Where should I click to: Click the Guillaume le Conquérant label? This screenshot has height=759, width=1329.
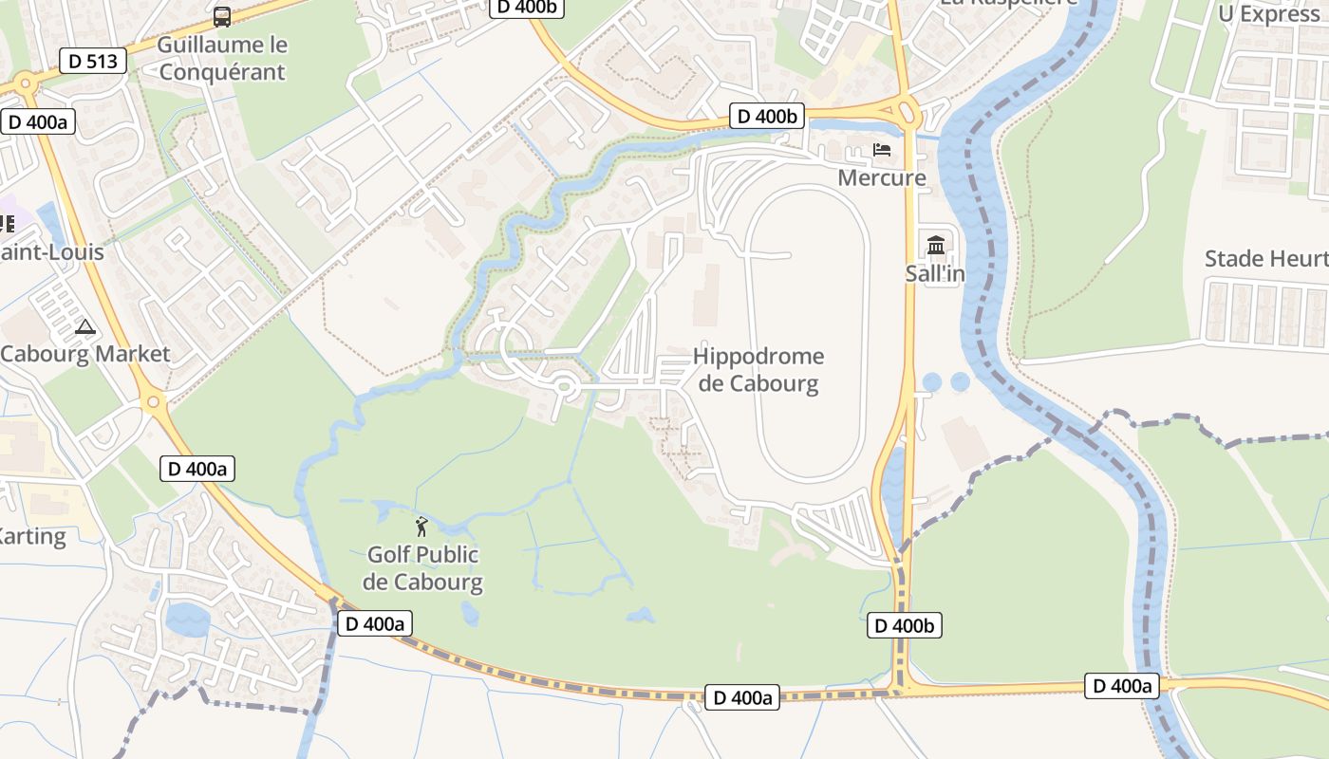click(x=222, y=58)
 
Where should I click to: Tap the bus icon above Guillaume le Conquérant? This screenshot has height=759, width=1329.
click(x=222, y=16)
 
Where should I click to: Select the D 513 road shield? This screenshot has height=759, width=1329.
click(x=93, y=62)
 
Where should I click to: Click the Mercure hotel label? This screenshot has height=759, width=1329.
click(x=881, y=177)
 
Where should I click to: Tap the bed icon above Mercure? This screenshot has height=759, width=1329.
click(x=882, y=150)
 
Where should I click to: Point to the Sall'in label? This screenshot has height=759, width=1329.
click(x=935, y=273)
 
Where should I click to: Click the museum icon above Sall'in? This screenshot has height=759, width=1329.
click(x=936, y=246)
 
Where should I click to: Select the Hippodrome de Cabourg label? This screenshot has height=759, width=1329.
click(x=758, y=370)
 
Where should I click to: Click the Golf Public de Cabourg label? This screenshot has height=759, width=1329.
click(x=422, y=567)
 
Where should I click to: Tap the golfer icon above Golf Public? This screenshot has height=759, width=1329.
click(x=421, y=527)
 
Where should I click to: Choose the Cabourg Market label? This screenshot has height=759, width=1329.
click(x=85, y=354)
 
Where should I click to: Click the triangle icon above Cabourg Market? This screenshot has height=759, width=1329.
click(x=85, y=328)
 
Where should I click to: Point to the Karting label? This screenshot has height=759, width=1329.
click(x=32, y=536)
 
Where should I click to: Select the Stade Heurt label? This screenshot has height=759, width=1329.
click(x=1265, y=259)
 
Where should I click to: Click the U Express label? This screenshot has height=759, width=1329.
click(x=1269, y=14)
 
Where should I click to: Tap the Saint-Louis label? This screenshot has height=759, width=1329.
click(x=52, y=252)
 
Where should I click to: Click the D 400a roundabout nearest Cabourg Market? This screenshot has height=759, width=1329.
click(x=153, y=402)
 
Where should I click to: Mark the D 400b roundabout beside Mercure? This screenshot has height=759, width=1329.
click(x=906, y=111)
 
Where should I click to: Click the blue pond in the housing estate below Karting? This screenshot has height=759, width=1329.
click(x=187, y=620)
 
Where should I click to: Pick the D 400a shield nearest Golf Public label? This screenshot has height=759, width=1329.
click(x=375, y=623)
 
